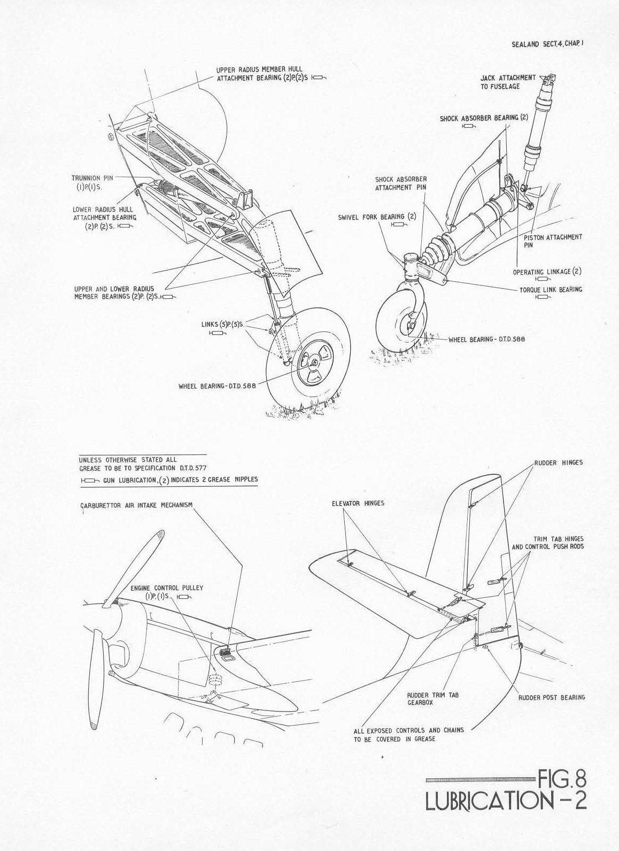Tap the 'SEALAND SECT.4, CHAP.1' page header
pos(547,44)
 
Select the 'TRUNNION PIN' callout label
pos(92,178)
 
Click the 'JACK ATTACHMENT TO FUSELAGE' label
pos(508,82)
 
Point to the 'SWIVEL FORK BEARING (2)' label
pos(377,217)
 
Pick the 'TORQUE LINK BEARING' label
pos(551,290)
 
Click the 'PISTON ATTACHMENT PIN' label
pos(553,241)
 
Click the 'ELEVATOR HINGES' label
pos(358,504)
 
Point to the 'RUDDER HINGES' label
pos(559,463)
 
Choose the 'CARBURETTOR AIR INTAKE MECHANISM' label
pos(136,505)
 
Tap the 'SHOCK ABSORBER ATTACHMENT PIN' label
pos(401,183)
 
